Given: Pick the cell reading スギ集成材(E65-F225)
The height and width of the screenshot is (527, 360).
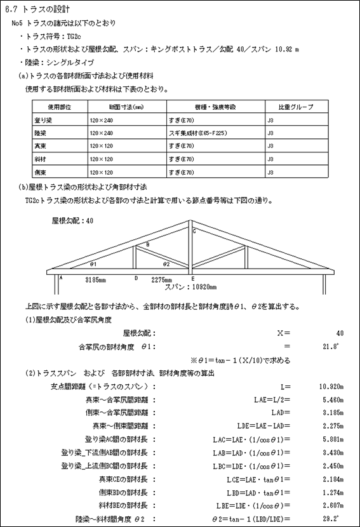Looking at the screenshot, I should click(x=198, y=133).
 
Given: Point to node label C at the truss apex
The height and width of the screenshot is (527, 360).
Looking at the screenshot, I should click(x=194, y=232).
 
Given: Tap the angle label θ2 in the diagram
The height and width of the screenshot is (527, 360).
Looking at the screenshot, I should click(x=166, y=263).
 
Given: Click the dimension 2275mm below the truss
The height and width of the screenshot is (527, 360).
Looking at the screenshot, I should click(x=161, y=279).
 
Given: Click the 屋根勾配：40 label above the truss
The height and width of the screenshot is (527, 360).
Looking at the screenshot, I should click(x=72, y=221).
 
